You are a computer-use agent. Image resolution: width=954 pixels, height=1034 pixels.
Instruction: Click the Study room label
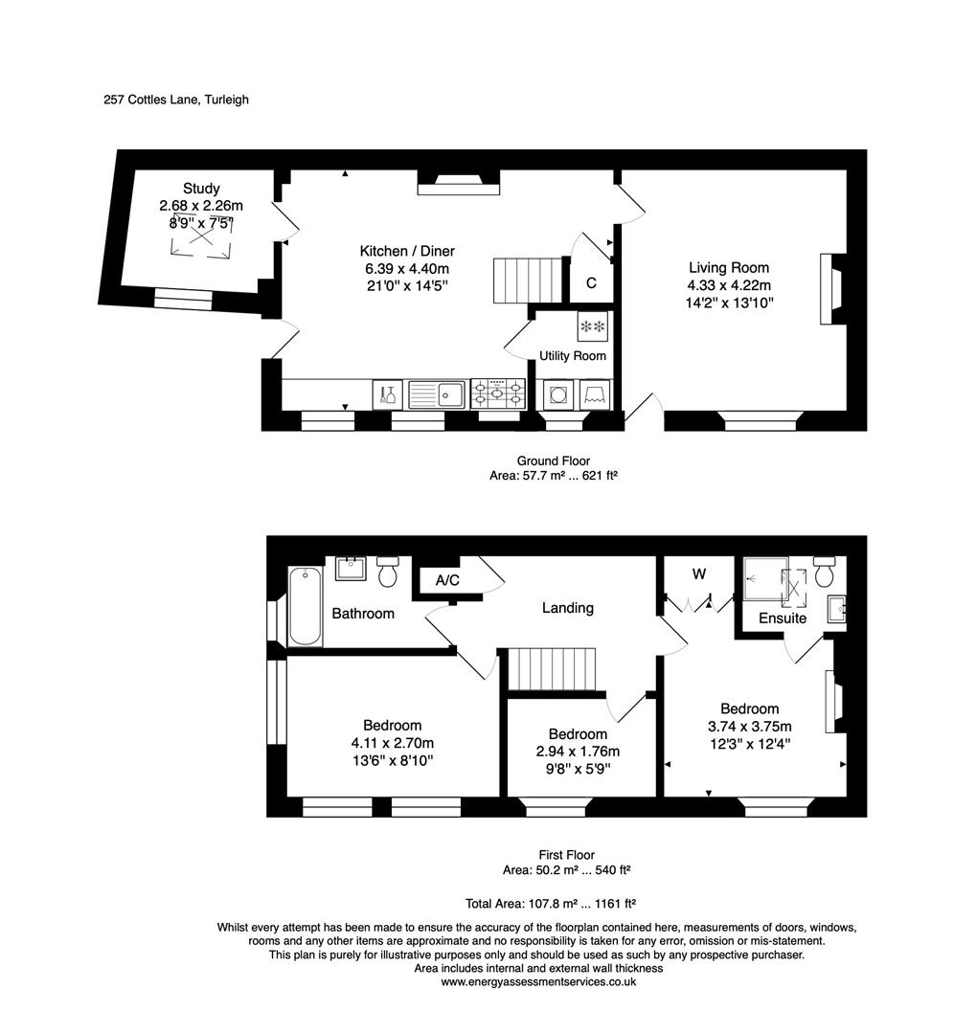pos(202,189)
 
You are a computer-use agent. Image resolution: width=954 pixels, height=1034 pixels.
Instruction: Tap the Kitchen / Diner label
pos(401,252)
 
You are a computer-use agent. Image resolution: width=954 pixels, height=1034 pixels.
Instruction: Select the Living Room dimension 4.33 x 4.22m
pos(729,285)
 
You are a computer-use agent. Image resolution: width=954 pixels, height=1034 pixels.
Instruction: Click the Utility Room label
pos(572,356)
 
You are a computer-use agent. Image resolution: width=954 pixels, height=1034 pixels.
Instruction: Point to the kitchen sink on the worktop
pos(436,393)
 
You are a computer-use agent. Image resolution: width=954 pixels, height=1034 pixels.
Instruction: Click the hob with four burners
pos(497,393)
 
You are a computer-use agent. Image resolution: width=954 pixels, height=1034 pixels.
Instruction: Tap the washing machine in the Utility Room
pos(557,394)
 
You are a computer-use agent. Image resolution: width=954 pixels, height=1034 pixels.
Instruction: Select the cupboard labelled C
pos(591,283)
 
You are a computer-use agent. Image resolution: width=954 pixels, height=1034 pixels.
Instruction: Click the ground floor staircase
pos(525,281)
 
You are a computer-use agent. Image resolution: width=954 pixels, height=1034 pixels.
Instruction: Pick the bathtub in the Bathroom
pos(306,605)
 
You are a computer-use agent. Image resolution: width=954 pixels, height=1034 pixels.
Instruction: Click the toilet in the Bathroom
pos(388,572)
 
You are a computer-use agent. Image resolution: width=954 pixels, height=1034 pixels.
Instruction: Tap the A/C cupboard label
pos(447,580)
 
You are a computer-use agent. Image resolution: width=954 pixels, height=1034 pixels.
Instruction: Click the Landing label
pos(567,608)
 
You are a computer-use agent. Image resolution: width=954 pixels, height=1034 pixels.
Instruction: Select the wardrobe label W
pos(699,574)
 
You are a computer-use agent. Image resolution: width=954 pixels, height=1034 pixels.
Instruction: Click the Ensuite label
pos(783,618)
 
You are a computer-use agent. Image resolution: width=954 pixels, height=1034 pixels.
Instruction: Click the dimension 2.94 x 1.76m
pos(578,752)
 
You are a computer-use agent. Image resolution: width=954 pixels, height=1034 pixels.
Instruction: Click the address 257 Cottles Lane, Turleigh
pos(176,100)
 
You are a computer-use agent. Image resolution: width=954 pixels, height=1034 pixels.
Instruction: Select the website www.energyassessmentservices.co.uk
pos(537,981)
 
